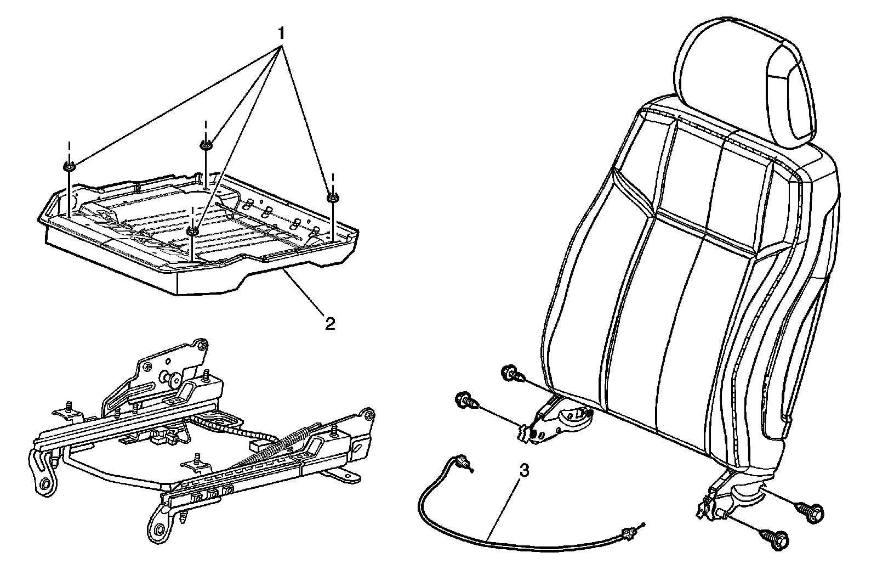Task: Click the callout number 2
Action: pyautogui.click(x=329, y=323)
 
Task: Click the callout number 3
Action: pyautogui.click(x=524, y=471)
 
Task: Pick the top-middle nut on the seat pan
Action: pyautogui.click(x=206, y=145)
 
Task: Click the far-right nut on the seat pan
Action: pyautogui.click(x=332, y=196)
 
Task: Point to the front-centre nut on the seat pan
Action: pyautogui.click(x=192, y=231)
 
